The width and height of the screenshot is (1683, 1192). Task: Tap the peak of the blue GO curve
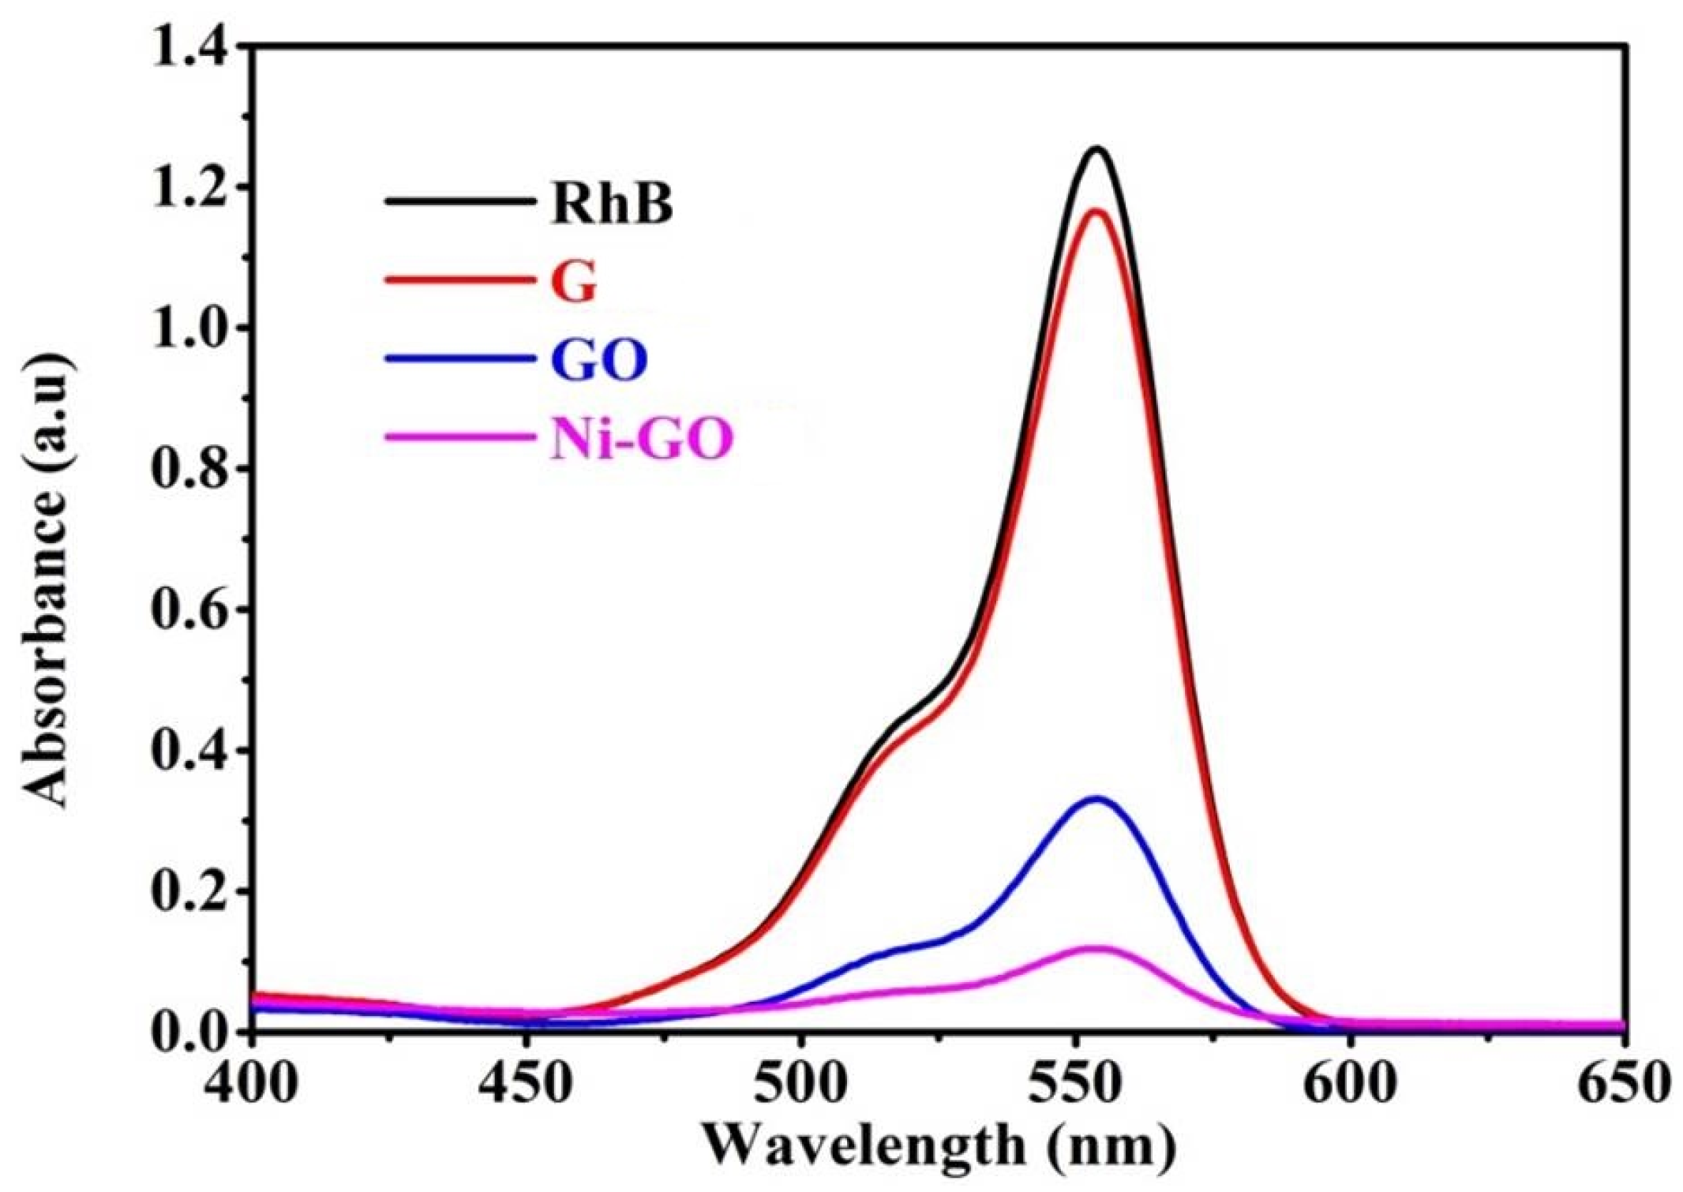pos(1096,798)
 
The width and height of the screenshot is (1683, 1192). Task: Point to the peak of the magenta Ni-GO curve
pos(1094,947)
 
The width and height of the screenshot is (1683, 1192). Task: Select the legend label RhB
pos(612,204)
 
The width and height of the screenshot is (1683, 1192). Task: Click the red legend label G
pos(574,281)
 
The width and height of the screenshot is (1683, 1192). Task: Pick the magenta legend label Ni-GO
pos(642,439)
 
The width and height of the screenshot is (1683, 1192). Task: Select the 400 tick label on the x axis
pos(251,1085)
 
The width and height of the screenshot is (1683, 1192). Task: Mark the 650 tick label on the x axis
pos(1623,1085)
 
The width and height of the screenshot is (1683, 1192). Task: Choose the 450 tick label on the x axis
pos(526,1085)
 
